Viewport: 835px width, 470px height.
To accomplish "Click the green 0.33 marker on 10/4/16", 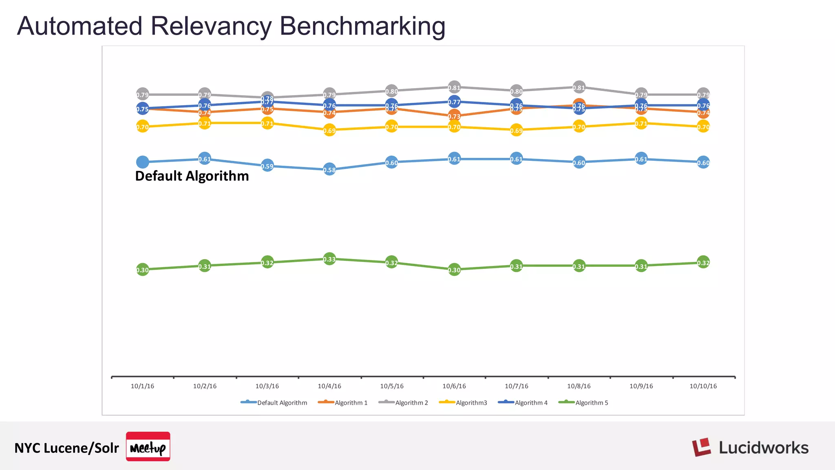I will [x=329, y=259].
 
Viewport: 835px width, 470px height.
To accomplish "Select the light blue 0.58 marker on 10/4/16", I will [x=329, y=170].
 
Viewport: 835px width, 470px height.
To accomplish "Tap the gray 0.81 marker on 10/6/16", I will [x=454, y=87].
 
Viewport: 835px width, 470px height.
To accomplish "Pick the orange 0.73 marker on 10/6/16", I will [x=454, y=116].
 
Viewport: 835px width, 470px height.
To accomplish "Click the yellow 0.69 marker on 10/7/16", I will [x=516, y=131].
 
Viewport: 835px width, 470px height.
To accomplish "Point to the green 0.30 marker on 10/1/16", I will [x=142, y=270].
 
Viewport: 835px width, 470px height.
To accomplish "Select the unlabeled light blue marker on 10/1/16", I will [x=142, y=162].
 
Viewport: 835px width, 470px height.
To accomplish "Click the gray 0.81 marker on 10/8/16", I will [x=579, y=87].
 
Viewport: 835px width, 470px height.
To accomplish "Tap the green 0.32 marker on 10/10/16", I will [x=703, y=262].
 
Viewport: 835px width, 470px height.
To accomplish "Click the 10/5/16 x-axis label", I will [x=392, y=386].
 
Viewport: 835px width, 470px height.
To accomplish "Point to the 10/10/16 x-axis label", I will [x=703, y=386].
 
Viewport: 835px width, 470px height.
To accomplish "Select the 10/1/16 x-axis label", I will [x=142, y=386].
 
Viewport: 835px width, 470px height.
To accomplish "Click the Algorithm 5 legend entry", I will [x=583, y=403].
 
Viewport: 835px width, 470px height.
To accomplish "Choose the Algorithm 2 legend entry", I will [x=404, y=403].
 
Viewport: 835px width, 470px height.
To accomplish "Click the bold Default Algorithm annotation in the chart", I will [x=192, y=176].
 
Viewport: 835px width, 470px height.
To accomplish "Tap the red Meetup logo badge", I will [x=148, y=446].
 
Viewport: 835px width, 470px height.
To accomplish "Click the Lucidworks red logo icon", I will [x=701, y=447].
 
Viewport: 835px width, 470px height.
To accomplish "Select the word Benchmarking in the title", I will [x=362, y=26].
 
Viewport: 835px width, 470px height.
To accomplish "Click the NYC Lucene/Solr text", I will [x=66, y=448].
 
